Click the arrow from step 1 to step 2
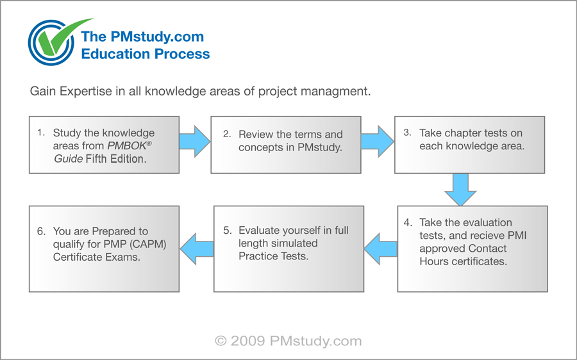tap(194, 141)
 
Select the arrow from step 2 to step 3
tap(378, 141)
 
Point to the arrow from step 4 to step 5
tap(381, 246)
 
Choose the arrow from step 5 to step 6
tap(196, 246)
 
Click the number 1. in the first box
tap(41, 133)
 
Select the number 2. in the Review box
tap(227, 135)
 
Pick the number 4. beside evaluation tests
tap(408, 223)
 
